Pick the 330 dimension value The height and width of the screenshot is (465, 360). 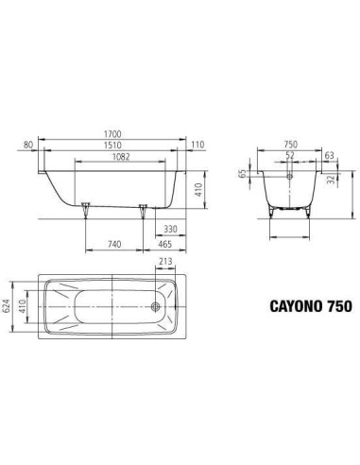click(x=171, y=229)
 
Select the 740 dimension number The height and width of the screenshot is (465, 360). click(x=115, y=244)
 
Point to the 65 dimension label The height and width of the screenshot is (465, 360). click(x=244, y=175)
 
